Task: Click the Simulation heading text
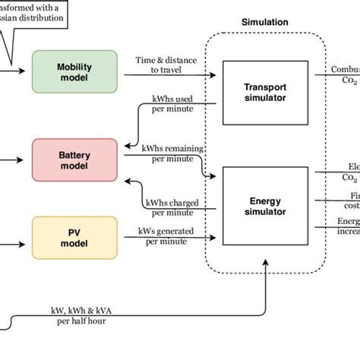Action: pos(264,23)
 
